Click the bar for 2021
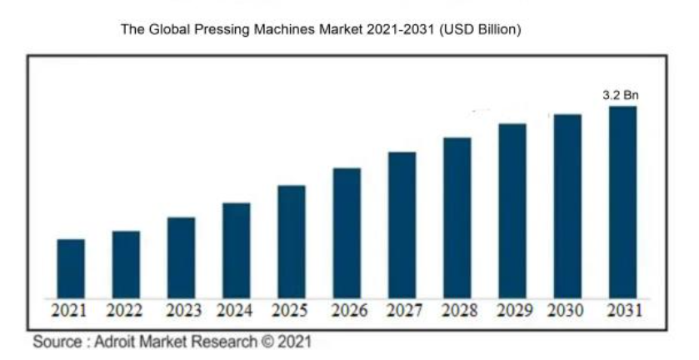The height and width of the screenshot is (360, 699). pyautogui.click(x=71, y=268)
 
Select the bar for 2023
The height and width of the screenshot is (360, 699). pyautogui.click(x=181, y=257)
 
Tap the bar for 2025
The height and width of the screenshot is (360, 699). pyautogui.click(x=292, y=242)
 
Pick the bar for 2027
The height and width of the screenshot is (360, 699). pyautogui.click(x=402, y=225)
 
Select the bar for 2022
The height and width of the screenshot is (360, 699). pyautogui.click(x=126, y=264)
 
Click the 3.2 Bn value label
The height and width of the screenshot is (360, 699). pyautogui.click(x=621, y=96)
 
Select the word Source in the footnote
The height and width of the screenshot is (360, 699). pyautogui.click(x=56, y=342)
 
